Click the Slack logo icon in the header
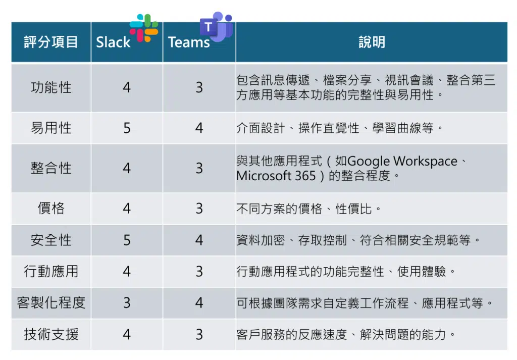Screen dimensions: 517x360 144,28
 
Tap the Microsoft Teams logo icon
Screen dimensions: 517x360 216,27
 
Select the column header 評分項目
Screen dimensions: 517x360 51,42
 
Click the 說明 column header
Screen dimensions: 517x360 372,42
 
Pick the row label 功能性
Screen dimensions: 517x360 51,88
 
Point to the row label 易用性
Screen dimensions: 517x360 51,128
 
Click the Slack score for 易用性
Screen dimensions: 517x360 127,128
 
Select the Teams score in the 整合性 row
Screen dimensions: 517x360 199,168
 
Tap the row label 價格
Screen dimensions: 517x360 51,209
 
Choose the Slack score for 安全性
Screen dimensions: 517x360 127,240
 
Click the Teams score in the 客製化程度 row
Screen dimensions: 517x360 199,302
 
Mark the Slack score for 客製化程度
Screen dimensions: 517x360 127,302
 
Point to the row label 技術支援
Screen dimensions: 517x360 51,334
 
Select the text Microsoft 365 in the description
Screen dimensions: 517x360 276,176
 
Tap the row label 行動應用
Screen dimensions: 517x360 51,272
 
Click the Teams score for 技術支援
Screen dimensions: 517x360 199,334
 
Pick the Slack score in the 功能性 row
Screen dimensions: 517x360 127,88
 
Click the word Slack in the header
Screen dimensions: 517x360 113,42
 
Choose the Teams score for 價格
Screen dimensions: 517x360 199,209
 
